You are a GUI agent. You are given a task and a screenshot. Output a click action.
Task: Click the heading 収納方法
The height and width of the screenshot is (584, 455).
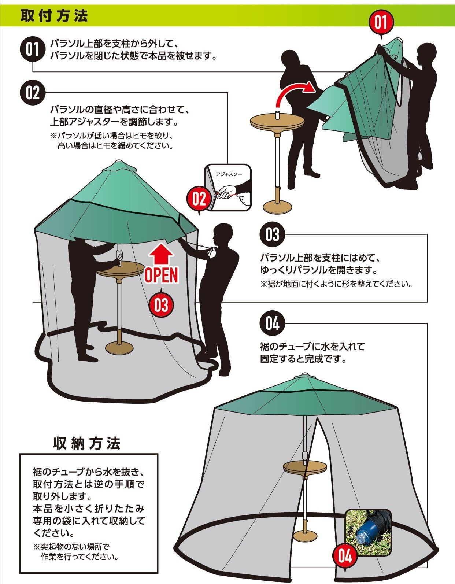pos(87,444)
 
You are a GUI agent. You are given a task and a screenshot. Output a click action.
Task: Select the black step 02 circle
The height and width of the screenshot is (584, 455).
pos(32,93)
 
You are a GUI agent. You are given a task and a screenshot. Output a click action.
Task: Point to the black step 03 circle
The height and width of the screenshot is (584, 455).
pos(272,234)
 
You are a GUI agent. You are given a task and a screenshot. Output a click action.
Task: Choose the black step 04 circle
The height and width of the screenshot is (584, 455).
pos(272,323)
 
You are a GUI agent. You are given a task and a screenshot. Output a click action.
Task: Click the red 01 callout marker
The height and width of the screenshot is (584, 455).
pos(380,22)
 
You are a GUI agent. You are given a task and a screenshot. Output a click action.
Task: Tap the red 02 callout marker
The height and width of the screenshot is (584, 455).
pos(199,200)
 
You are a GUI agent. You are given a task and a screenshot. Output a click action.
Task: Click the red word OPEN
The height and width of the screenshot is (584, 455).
pos(161,275)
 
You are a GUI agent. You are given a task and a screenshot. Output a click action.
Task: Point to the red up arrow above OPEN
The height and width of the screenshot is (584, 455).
pos(161,253)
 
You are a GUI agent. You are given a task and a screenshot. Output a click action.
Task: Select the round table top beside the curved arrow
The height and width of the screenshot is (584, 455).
pos(276,121)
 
